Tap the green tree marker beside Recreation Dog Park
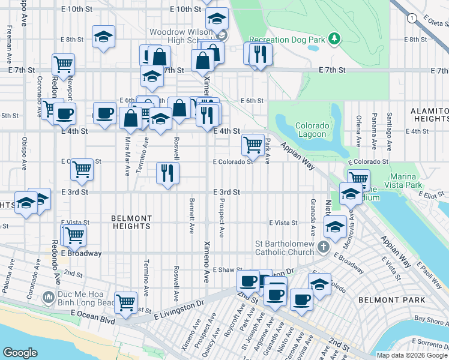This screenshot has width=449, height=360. (x=334, y=40)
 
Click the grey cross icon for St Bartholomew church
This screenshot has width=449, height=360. (x=323, y=247)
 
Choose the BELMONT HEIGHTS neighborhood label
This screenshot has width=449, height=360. (x=131, y=222)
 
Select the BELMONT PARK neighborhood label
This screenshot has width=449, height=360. (x=391, y=299)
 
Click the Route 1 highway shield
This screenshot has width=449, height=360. (x=411, y=19)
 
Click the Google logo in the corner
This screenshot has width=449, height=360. (x=20, y=352)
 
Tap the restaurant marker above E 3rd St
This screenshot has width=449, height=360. (x=168, y=173)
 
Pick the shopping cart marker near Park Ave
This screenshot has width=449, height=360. (x=253, y=145)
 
